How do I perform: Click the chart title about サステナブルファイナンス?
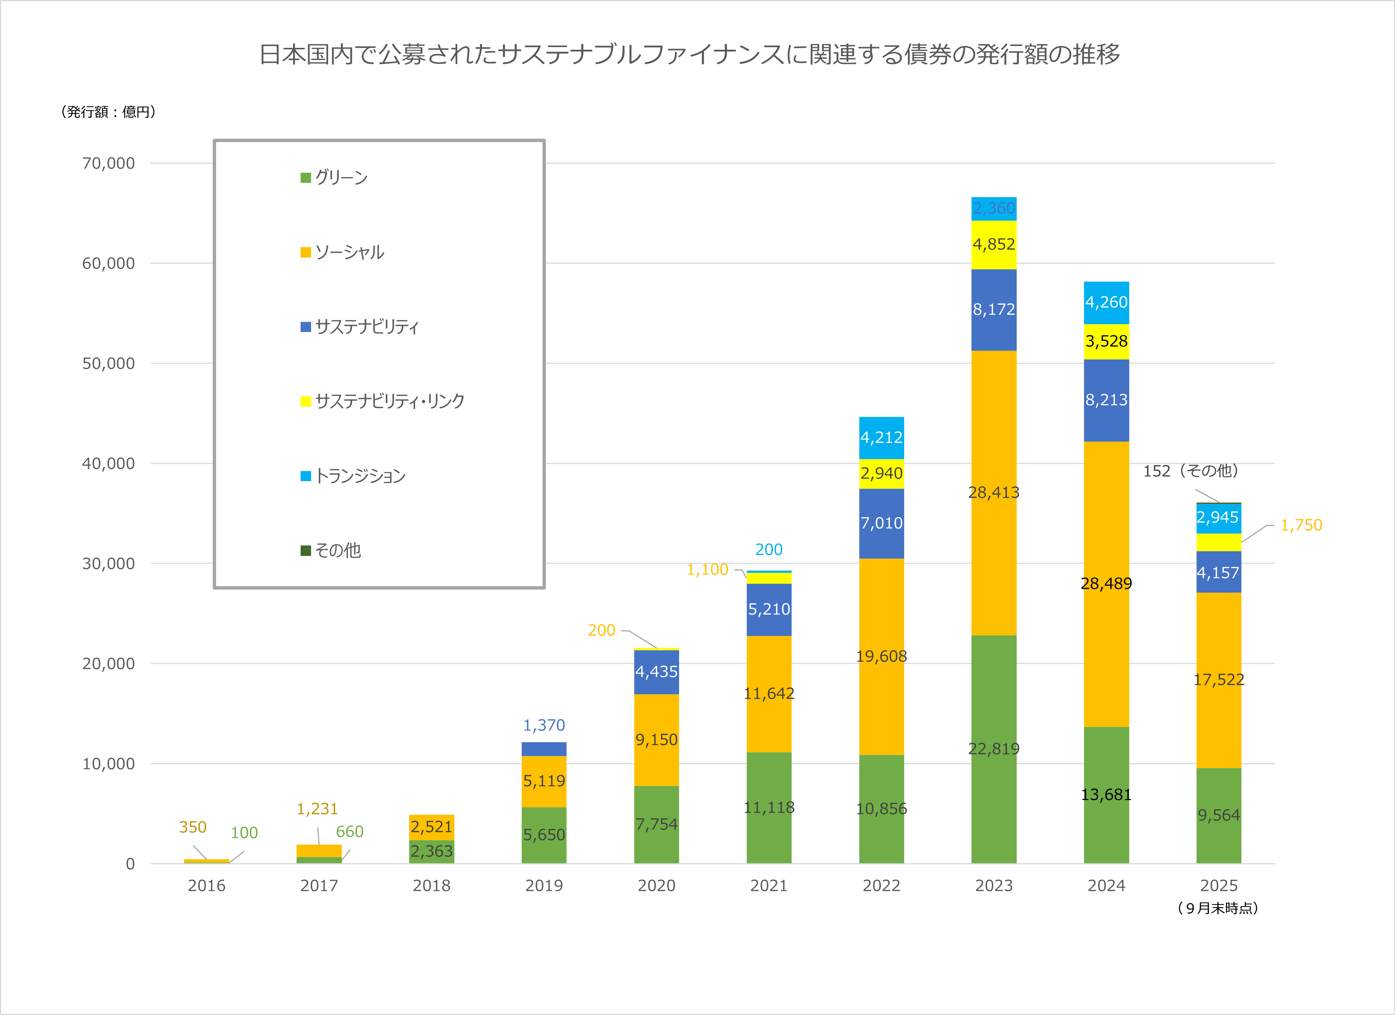[x=689, y=54]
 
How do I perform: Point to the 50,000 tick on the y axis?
[x=108, y=363]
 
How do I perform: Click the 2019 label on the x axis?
[x=544, y=886]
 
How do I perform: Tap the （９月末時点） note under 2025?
[x=1218, y=908]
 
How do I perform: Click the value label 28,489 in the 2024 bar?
[x=1106, y=583]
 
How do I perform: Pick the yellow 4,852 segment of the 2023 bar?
[x=993, y=244]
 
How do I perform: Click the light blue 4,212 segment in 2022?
[x=881, y=437]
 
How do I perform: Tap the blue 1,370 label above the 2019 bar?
[x=544, y=725]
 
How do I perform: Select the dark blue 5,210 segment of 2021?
[x=769, y=609]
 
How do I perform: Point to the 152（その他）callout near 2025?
[x=1190, y=471]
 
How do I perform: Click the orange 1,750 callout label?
[x=1301, y=525]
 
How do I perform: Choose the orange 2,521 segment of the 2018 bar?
[x=431, y=827]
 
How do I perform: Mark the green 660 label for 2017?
[x=349, y=832]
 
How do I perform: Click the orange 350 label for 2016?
[x=193, y=827]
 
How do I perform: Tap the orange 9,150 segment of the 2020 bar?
[x=656, y=739]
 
